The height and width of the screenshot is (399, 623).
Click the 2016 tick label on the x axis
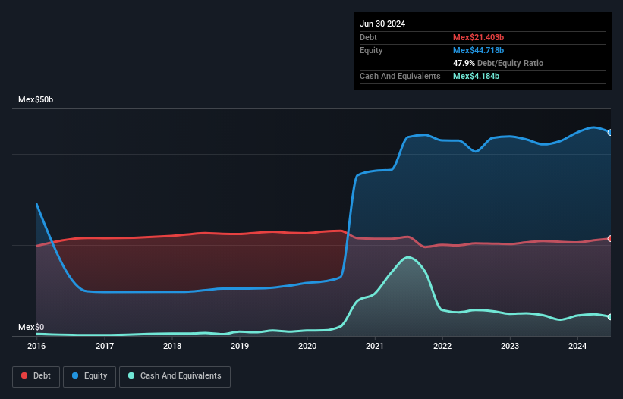(x=36, y=346)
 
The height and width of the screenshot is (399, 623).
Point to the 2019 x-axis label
(x=240, y=346)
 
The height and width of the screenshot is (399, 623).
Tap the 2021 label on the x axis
(x=375, y=346)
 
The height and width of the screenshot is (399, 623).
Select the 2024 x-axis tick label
(x=577, y=346)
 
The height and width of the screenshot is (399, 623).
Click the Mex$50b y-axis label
(x=36, y=100)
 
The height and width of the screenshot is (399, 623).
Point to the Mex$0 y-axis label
(x=31, y=327)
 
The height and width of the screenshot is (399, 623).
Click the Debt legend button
(x=35, y=375)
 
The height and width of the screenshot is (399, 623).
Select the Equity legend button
(x=90, y=375)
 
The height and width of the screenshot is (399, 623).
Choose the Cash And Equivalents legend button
(x=175, y=375)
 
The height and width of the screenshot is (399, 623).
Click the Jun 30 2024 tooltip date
(x=382, y=24)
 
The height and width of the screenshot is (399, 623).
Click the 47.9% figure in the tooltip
(x=464, y=63)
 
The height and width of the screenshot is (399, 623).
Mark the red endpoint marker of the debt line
(x=609, y=238)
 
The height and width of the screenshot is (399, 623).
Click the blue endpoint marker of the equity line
(x=609, y=132)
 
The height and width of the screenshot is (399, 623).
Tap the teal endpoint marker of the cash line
(x=609, y=317)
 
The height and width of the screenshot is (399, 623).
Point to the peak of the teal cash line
(x=409, y=257)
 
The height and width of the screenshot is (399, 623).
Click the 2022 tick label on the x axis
(x=442, y=346)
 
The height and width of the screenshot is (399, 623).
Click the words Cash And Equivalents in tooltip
(x=400, y=76)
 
